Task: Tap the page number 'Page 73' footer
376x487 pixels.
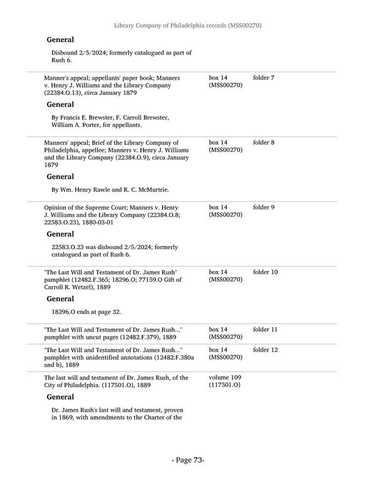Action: click(188, 460)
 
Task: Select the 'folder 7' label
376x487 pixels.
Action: click(264, 78)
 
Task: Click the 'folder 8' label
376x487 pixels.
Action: click(264, 142)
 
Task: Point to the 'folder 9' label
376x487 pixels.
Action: click(264, 207)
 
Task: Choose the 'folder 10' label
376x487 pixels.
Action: click(266, 272)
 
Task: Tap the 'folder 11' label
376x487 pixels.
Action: click(266, 329)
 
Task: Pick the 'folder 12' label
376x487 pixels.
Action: click(266, 350)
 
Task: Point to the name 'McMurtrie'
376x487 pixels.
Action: click(149, 190)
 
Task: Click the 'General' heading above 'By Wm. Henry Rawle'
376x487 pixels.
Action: click(60, 177)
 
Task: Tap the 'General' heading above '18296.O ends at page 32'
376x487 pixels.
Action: click(60, 299)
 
